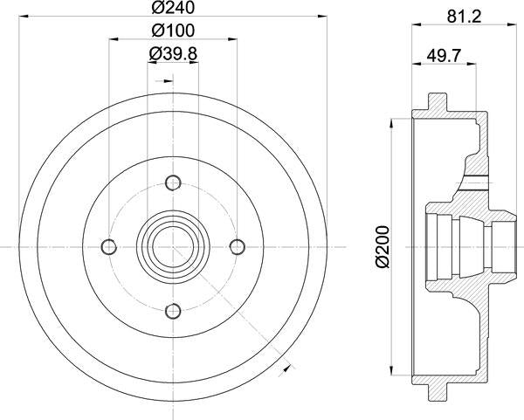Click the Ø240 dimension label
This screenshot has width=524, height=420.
(171, 10)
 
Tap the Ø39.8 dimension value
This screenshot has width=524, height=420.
(171, 54)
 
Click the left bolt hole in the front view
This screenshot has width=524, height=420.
(109, 245)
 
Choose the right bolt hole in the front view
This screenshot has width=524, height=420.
(235, 245)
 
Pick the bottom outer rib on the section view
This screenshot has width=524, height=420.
(438, 394)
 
